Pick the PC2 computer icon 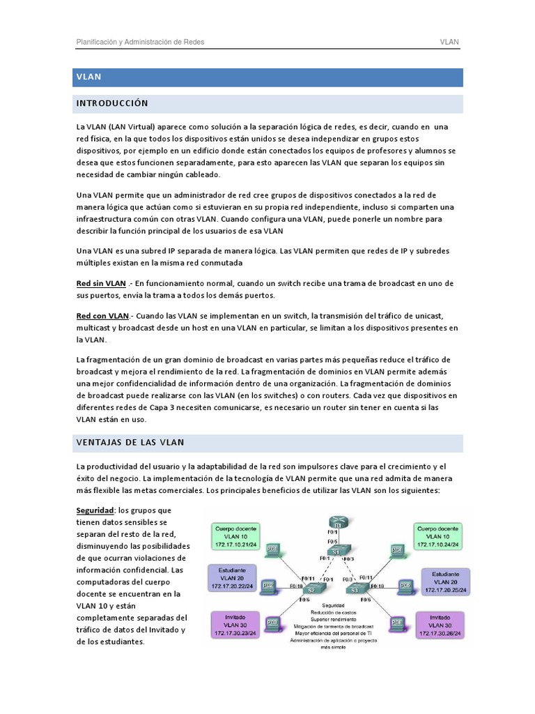[x=268, y=586]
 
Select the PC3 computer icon [x=272, y=622]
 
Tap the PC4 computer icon [x=397, y=551]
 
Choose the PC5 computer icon [x=405, y=586]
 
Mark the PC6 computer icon [x=397, y=622]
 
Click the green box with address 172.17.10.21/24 [x=235, y=535]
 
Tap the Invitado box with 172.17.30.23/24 [x=235, y=623]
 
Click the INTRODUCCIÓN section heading [x=112, y=103]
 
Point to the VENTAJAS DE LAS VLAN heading [x=130, y=443]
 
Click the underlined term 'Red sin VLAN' [x=101, y=284]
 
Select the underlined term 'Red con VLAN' [x=102, y=316]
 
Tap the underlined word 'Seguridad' [x=95, y=510]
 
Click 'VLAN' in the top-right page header [x=449, y=43]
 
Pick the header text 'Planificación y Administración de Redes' [x=140, y=43]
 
